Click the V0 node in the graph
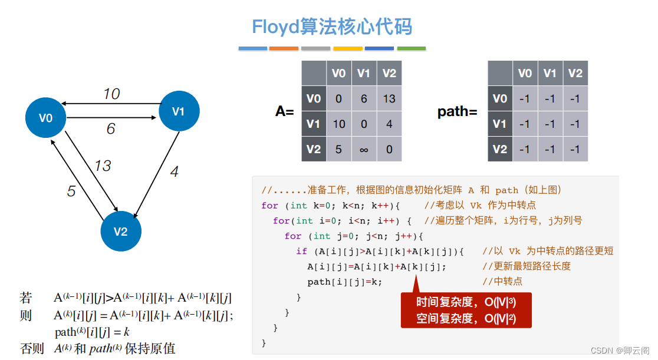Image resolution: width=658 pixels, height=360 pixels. coord(45,118)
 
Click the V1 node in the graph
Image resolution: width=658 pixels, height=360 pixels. coord(179,111)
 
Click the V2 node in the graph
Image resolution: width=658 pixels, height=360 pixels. coord(120,231)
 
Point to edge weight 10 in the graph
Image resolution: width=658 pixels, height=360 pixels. coord(111,94)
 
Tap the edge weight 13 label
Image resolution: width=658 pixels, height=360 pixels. coord(103,166)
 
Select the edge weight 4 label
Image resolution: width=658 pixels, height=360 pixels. coord(174,172)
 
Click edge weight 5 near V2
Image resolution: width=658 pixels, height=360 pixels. coord(71,191)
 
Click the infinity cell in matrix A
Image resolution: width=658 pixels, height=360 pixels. coord(364,149)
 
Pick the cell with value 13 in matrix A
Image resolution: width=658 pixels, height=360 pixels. coord(389,98)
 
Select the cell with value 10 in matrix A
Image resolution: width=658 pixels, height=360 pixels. coord(338,124)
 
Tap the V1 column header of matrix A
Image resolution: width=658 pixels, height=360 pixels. coord(364,73)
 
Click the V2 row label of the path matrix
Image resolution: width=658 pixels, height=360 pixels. coord(500,149)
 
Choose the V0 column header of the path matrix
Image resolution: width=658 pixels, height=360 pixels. coord(525,73)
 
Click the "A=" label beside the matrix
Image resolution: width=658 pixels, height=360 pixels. coord(285,111)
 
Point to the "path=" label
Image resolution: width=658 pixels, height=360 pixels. coord(458,111)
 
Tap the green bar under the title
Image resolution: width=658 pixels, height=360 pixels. coord(412,48)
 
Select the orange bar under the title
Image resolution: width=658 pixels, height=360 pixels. coord(284,48)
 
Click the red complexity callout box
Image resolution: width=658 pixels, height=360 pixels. coord(466,310)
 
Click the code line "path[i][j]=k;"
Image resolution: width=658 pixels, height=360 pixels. coord(344,282)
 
